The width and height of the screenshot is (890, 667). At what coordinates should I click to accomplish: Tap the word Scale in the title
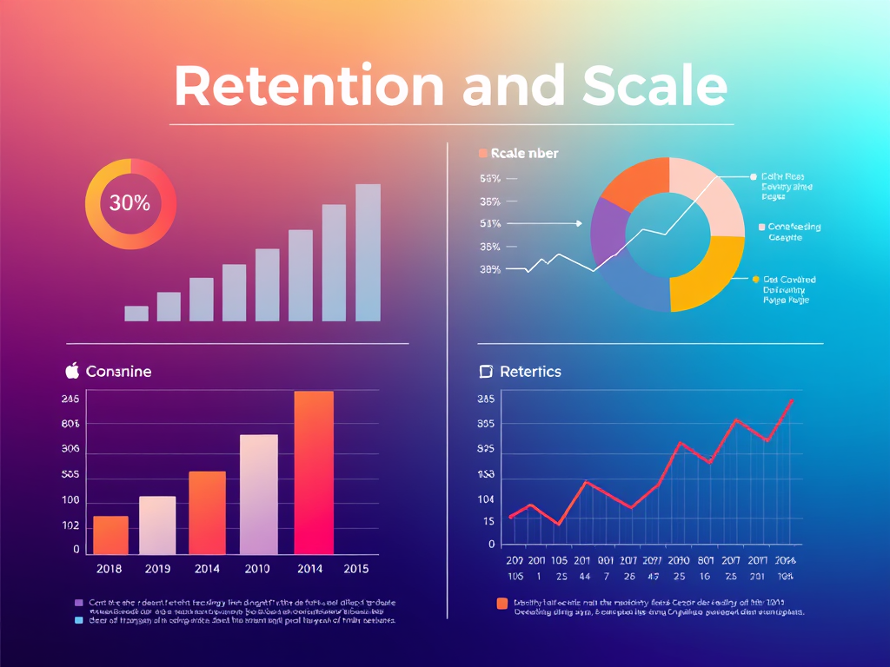pyautogui.click(x=655, y=86)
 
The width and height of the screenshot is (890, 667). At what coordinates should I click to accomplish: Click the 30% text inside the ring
pyautogui.click(x=130, y=204)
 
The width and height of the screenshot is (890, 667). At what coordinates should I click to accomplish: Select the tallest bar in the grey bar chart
pyautogui.click(x=368, y=252)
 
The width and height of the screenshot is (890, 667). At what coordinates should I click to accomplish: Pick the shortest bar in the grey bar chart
pyautogui.click(x=136, y=314)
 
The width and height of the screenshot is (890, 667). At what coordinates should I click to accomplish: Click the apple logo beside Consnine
pyautogui.click(x=72, y=371)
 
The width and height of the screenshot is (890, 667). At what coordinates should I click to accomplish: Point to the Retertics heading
pyautogui.click(x=530, y=372)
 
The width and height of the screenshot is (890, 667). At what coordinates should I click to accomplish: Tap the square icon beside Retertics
pyautogui.click(x=486, y=372)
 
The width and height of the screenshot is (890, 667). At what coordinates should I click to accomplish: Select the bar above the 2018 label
pyautogui.click(x=110, y=535)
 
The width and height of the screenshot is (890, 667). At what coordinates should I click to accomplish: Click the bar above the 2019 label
pyautogui.click(x=157, y=525)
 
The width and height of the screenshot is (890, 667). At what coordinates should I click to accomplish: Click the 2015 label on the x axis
pyautogui.click(x=356, y=569)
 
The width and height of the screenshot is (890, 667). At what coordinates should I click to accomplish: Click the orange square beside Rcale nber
pyautogui.click(x=483, y=154)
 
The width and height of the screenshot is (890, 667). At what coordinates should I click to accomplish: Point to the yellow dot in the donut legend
pyautogui.click(x=755, y=280)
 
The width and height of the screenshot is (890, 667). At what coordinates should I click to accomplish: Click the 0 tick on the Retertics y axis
pyautogui.click(x=491, y=545)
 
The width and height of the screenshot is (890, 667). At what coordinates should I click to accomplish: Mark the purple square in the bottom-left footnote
pyautogui.click(x=79, y=602)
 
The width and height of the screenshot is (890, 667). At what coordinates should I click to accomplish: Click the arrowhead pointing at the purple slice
pyautogui.click(x=579, y=223)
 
